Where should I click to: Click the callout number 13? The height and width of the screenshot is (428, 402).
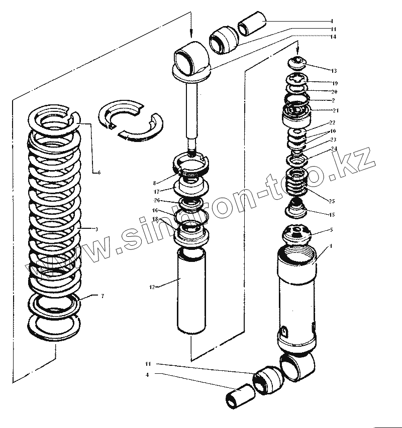point(334,70)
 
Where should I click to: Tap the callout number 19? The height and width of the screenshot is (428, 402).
point(335,83)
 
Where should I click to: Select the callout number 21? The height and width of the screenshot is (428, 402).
point(336,110)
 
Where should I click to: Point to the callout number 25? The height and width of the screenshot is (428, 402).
point(331,201)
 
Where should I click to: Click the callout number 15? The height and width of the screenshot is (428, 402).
point(332,215)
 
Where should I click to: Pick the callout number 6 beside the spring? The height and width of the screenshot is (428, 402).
point(99,172)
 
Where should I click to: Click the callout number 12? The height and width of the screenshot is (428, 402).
point(151,287)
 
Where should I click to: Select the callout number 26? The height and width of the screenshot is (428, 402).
point(156,201)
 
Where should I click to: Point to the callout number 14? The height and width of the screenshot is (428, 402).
point(333,37)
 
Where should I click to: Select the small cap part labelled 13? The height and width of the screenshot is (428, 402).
point(298,62)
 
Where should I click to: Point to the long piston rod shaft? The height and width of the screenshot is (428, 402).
point(191,110)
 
